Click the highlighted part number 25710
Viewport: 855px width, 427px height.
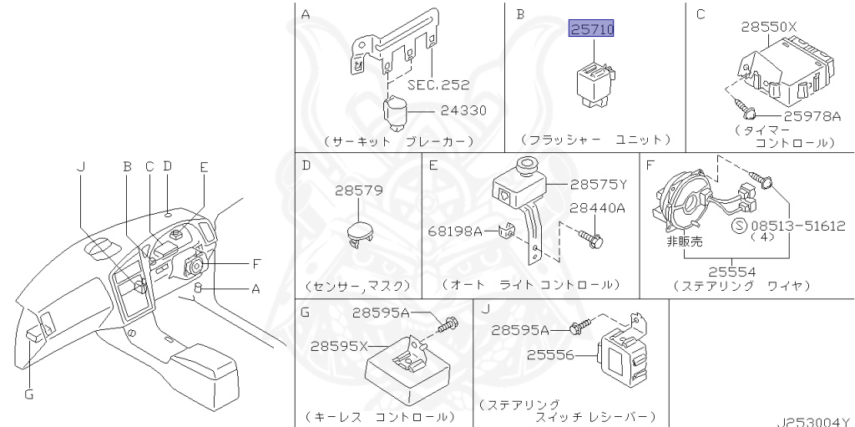pyautogui.click(x=591, y=28)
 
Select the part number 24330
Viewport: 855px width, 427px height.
pyautogui.click(x=463, y=111)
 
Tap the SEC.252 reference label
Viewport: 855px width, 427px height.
pyautogui.click(x=438, y=84)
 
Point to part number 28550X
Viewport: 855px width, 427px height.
pyautogui.click(x=769, y=26)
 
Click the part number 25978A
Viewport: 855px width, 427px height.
pyautogui.click(x=812, y=116)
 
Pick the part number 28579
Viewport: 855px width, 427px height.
pyautogui.click(x=359, y=191)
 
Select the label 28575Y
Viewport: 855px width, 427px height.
pyautogui.click(x=599, y=185)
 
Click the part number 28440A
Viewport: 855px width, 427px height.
pyautogui.click(x=598, y=208)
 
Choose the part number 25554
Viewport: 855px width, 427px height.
pyautogui.click(x=732, y=272)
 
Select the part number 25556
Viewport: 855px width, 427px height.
pyautogui.click(x=551, y=355)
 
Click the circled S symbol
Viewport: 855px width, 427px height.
pyautogui.click(x=739, y=226)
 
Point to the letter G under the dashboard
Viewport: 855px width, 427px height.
pyautogui.click(x=29, y=393)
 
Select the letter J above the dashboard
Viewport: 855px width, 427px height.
pyautogui.click(x=81, y=166)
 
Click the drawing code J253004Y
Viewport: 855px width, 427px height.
pyautogui.click(x=815, y=421)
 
